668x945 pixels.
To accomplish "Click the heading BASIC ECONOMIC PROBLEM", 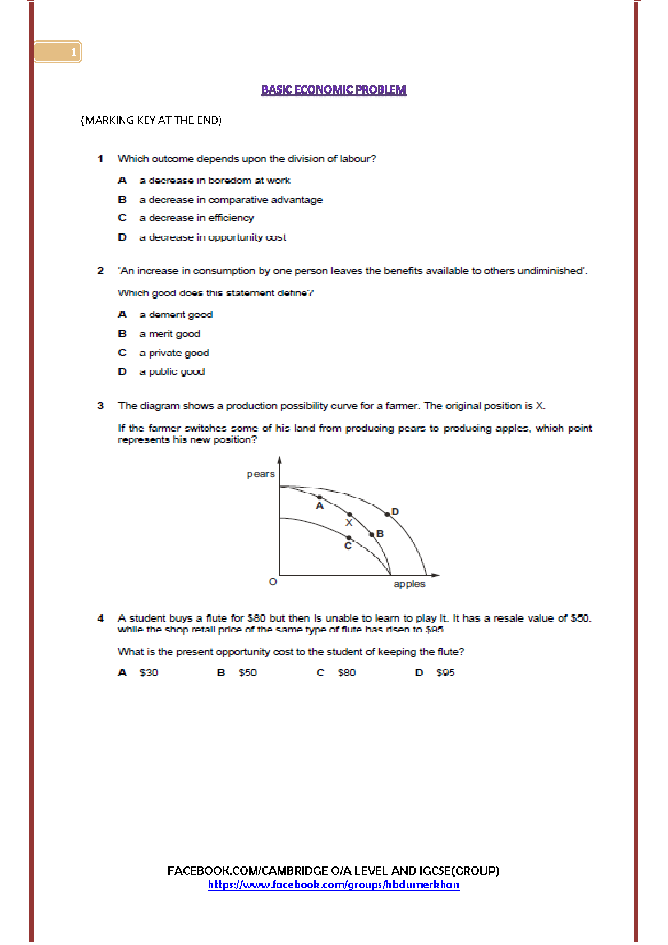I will coord(334,90).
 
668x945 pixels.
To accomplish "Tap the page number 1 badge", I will coord(58,52).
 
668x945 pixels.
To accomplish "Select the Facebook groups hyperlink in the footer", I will coord(334,885).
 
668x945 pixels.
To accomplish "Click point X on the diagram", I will coord(349,515).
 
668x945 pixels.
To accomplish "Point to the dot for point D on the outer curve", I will coord(387,514).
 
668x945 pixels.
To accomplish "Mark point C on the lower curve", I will coord(349,538).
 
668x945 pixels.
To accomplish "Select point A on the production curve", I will coord(320,498).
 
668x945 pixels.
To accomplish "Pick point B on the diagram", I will coord(372,534).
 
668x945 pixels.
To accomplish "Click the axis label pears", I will coord(261,474).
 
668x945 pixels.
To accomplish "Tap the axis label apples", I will coord(409,584).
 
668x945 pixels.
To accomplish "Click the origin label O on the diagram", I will coord(273,581).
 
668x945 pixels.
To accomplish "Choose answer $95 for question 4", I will coord(445,673).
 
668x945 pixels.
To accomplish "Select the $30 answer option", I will coord(149,673).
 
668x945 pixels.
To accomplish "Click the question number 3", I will coord(100,406).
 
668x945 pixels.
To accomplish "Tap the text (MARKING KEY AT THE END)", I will coord(151,120).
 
